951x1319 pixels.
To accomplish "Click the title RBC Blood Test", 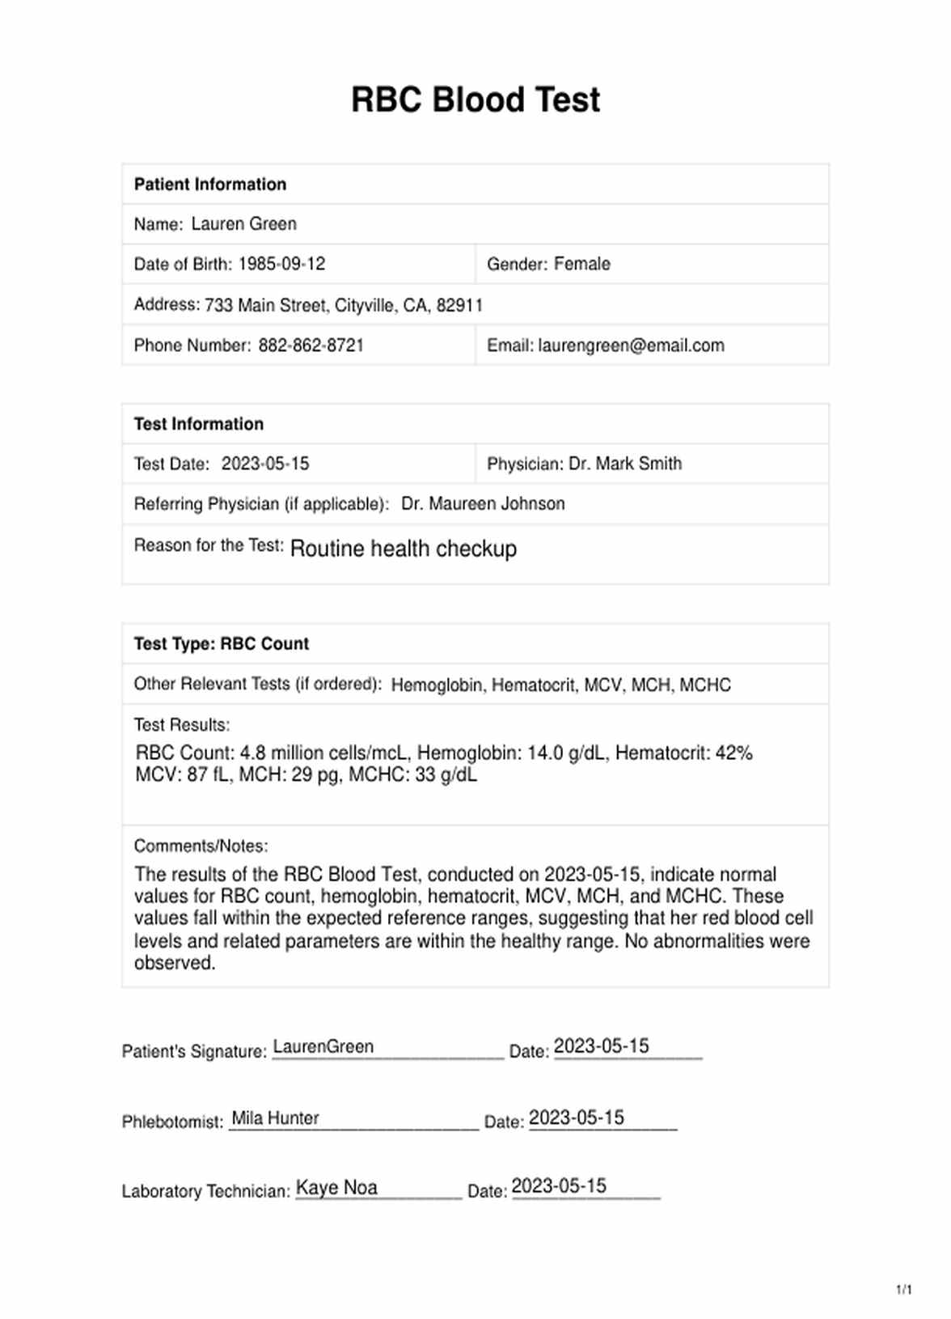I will click(475, 100).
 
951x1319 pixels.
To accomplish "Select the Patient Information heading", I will click(210, 184).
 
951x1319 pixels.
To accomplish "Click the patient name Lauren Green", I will click(243, 224).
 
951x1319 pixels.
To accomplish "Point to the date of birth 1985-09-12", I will click(281, 264).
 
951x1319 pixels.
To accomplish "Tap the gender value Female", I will click(581, 264).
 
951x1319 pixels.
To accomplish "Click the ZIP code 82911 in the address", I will click(459, 305).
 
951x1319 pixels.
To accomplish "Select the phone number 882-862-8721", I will click(311, 346).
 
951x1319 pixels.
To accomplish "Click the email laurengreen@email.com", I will click(631, 346).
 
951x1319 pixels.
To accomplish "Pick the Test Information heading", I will click(199, 424).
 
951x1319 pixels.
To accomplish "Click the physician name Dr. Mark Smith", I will click(625, 464).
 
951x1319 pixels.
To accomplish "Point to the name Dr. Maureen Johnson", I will click(483, 504).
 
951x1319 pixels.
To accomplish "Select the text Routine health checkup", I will click(403, 549).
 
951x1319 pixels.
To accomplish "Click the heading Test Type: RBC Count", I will click(222, 644).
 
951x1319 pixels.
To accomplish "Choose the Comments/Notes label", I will click(201, 846).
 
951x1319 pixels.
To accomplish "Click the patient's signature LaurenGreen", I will click(323, 1047).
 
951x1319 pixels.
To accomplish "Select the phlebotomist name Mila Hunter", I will click(275, 1118).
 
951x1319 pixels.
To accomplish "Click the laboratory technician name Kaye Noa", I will click(336, 1188).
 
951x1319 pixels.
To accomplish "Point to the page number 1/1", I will click(903, 1290).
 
